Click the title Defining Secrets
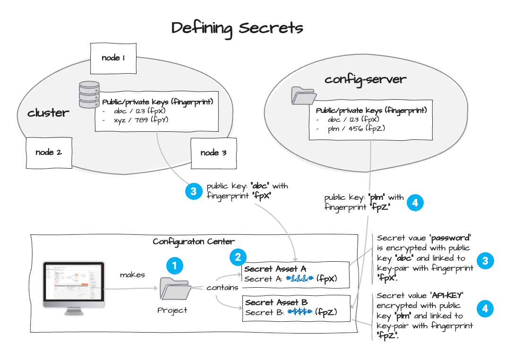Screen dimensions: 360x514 coord(237,28)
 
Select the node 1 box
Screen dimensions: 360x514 coord(113,58)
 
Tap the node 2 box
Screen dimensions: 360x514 coord(49,152)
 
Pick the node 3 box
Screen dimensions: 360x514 coord(213,153)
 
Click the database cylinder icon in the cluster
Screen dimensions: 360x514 coord(89,94)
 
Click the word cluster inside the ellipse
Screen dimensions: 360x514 coord(48,113)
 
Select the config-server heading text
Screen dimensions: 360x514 coord(365,79)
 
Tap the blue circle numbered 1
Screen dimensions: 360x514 coord(175,266)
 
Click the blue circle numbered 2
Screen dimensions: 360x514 coord(238,257)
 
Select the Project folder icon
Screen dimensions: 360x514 coord(175,289)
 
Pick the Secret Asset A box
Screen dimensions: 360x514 coord(296,274)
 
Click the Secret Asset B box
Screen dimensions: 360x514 coord(296,308)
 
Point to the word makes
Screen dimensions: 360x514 coord(132,274)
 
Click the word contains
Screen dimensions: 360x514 coord(222,287)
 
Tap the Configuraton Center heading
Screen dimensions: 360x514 coord(193,241)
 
